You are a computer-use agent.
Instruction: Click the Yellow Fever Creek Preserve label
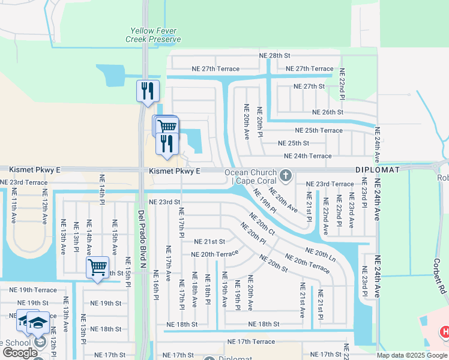coord(152,35)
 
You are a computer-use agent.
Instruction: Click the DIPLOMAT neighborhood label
coord(377,170)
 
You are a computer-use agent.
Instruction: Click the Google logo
coord(20,353)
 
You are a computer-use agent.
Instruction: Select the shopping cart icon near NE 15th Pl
coord(97,267)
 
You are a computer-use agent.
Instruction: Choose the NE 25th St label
coord(294,143)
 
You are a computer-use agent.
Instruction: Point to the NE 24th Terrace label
coord(307,156)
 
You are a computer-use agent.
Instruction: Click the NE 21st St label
coord(209,242)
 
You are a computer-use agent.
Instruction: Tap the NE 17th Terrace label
coord(251,341)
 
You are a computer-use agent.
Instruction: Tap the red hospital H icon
coord(444,331)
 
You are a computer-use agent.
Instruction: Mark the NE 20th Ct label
coord(262,223)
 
